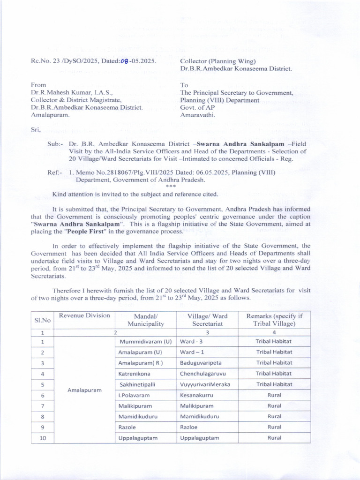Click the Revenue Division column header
pyautogui.click(x=84, y=315)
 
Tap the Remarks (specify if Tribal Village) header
pyautogui.click(x=274, y=320)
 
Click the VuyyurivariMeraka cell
pyautogui.click(x=206, y=384)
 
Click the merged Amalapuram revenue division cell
pyautogui.click(x=84, y=390)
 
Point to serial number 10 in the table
pyautogui.click(x=42, y=438)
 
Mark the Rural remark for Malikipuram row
pyautogui.click(x=274, y=406)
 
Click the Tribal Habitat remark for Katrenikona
pyautogui.click(x=274, y=374)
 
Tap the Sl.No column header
pyautogui.click(x=42, y=320)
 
